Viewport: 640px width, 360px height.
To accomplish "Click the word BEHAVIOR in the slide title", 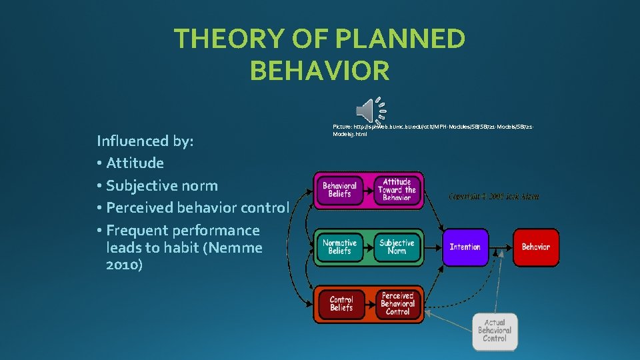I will pos(319,70).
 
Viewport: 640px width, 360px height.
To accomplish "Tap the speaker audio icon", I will pos(370,110).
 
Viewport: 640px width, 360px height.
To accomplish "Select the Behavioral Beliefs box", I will pos(339,190).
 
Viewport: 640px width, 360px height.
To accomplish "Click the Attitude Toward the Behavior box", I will pos(397,190).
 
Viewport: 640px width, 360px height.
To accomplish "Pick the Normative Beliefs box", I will pos(339,247).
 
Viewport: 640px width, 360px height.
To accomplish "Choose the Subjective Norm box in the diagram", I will pos(397,247).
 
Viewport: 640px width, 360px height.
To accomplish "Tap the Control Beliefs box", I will pos(341,304).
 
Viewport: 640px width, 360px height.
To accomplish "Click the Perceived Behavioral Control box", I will pos(398,304).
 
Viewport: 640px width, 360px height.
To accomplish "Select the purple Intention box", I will pos(465,247).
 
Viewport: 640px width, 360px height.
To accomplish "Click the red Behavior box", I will pos(535,247).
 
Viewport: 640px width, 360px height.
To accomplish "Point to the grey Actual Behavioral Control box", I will pos(495,331).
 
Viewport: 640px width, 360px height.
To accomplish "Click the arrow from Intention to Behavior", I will pos(500,247).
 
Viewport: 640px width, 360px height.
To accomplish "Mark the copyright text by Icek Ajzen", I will pos(494,197).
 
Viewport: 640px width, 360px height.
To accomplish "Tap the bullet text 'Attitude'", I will pos(135,163).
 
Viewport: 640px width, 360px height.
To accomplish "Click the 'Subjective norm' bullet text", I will pos(162,185).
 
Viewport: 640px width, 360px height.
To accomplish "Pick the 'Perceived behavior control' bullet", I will pos(197,207).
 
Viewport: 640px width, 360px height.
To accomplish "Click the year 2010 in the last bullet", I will pos(124,265).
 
